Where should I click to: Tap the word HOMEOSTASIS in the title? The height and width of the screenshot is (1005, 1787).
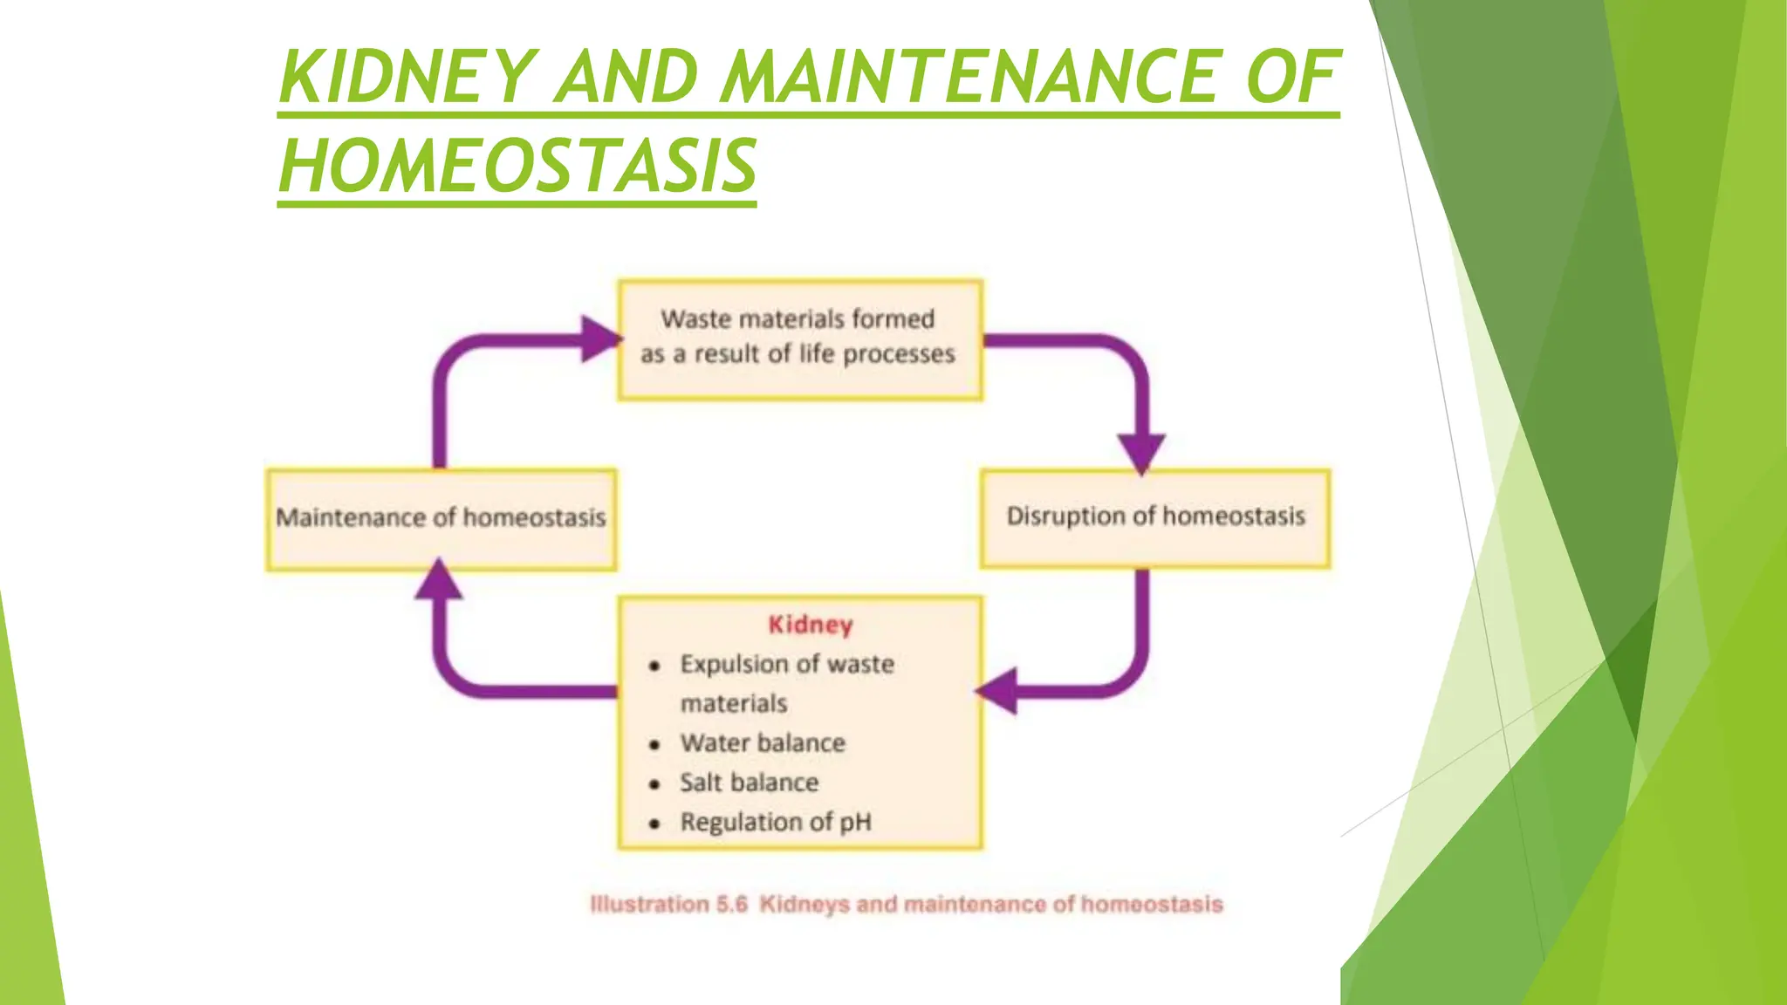tap(517, 167)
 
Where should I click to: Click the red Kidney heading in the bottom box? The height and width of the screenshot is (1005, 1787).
tap(810, 625)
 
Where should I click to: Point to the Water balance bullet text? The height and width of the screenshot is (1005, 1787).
tap(763, 743)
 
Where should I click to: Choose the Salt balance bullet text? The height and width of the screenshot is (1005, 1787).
tap(749, 783)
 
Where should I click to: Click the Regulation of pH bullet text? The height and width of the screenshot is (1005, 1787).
tap(776, 822)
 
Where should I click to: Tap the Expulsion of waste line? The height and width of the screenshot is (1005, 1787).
tap(787, 665)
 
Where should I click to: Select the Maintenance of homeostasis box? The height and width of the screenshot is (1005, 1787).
tap(441, 519)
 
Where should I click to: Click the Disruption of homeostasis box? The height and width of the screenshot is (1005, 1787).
tap(1155, 517)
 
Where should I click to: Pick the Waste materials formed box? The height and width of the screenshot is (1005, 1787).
tap(799, 338)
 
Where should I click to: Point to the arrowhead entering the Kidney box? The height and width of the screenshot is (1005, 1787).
tap(998, 692)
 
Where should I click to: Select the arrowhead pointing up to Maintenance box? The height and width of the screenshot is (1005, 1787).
tap(439, 580)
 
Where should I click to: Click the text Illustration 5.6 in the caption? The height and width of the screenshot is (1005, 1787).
tap(668, 905)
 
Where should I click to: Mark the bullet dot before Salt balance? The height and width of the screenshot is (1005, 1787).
tap(654, 784)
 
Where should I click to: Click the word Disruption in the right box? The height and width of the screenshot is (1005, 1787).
tap(1065, 516)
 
